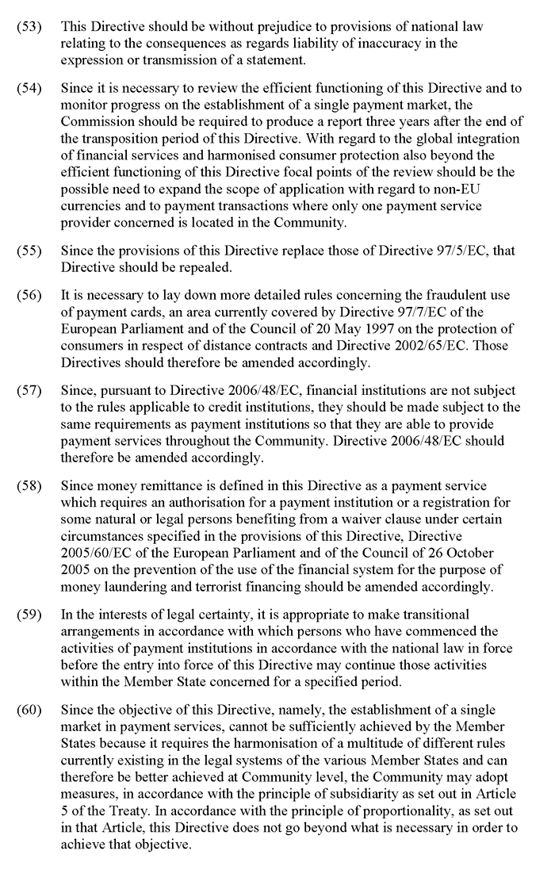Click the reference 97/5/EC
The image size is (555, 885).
[462, 251]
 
